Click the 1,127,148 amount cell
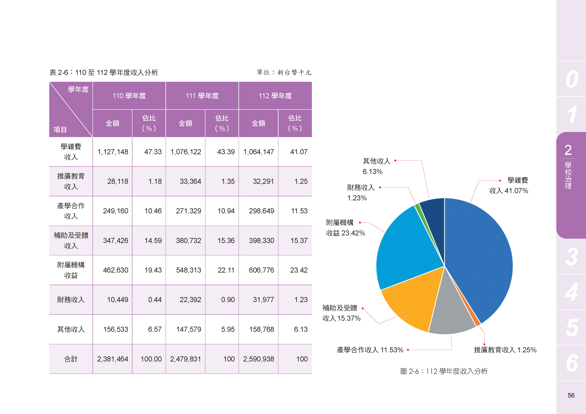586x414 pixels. (x=113, y=152)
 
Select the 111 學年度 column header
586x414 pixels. (x=202, y=96)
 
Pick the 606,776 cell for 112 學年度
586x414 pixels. (x=261, y=270)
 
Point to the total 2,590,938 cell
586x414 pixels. (x=259, y=359)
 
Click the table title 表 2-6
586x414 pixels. (x=104, y=73)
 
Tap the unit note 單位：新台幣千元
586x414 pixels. (x=284, y=73)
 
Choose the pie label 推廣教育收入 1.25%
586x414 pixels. (x=505, y=350)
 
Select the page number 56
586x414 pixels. (x=571, y=395)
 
